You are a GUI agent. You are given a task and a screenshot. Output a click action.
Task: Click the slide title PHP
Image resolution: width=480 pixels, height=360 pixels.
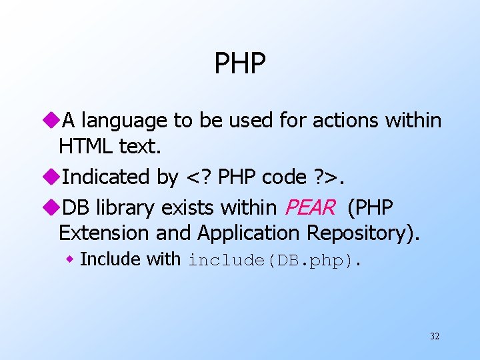(x=240, y=64)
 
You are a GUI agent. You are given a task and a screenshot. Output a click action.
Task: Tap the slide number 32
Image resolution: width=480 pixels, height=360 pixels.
(x=434, y=337)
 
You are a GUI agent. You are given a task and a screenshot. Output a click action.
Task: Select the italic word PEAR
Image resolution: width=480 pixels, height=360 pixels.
(x=310, y=208)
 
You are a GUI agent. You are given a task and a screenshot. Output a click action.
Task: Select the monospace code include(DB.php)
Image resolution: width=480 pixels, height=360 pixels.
(x=274, y=260)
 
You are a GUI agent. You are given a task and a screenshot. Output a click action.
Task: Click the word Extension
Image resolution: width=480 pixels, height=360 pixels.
(x=105, y=233)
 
